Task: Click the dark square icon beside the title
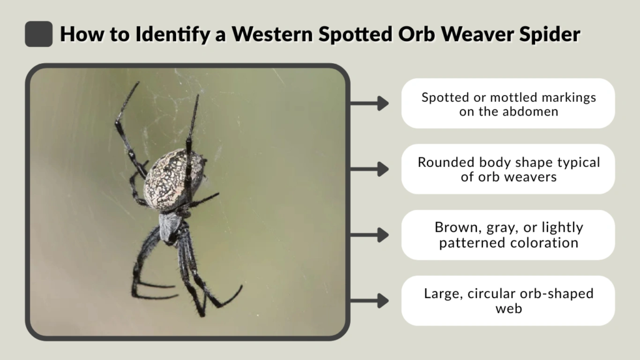(38, 34)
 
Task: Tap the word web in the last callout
(507, 308)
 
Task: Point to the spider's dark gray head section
(169, 226)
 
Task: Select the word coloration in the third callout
(542, 242)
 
